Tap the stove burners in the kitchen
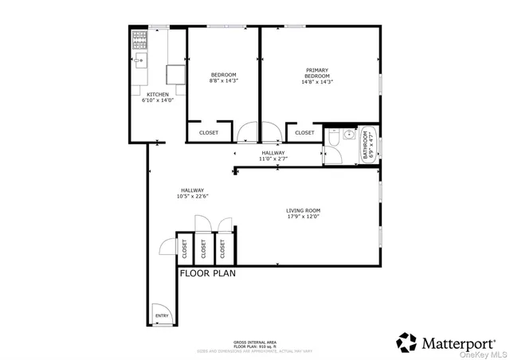[139, 37]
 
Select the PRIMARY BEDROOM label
[311, 73]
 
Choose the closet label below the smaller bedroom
[208, 133]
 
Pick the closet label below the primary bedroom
[304, 133]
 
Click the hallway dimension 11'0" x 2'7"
[273, 158]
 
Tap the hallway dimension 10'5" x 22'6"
[192, 197]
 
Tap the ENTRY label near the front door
[162, 315]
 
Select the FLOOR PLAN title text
[207, 274]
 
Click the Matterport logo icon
[406, 342]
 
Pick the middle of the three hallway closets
[202, 249]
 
